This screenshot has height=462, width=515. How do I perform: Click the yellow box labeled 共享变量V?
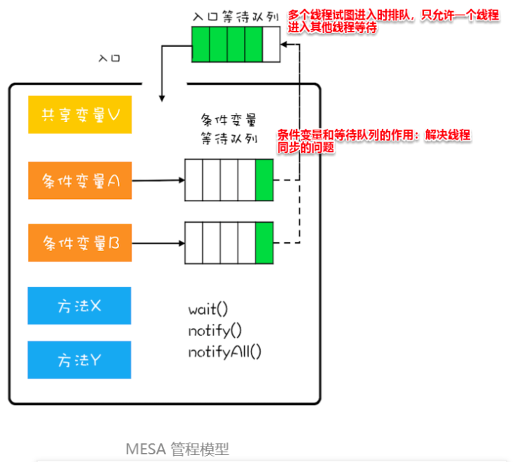pos(80,115)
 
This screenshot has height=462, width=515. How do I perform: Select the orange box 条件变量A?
pos(80,180)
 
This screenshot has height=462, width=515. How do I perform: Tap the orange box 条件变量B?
pos(80,243)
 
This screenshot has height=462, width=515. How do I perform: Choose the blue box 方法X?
pos(79,306)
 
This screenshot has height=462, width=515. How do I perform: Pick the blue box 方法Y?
pos(79,360)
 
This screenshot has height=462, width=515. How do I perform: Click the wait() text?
pos(208,309)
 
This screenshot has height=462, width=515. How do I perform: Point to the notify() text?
pos(215,331)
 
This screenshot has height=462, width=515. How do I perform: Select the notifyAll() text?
pos(225,352)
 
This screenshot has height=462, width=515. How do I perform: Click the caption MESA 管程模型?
pos(177,449)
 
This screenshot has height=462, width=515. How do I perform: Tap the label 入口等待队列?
pos(236,16)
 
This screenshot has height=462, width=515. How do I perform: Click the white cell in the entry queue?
pos(271,44)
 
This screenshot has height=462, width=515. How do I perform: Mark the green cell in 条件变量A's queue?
pos(264,180)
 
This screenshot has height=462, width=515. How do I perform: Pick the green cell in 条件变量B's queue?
pos(264,243)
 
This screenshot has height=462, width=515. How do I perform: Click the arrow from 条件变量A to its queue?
pos(158,180)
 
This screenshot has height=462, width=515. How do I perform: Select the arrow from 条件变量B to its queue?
pos(158,243)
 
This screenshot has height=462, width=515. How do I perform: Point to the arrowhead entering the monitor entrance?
pos(162,98)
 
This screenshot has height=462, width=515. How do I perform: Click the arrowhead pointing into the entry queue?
pos(284,44)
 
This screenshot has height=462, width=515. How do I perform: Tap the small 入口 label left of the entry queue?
pos(109,58)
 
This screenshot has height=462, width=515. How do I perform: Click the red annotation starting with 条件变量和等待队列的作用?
pos(373,141)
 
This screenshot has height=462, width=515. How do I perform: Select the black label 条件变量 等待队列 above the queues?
pos(229,129)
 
